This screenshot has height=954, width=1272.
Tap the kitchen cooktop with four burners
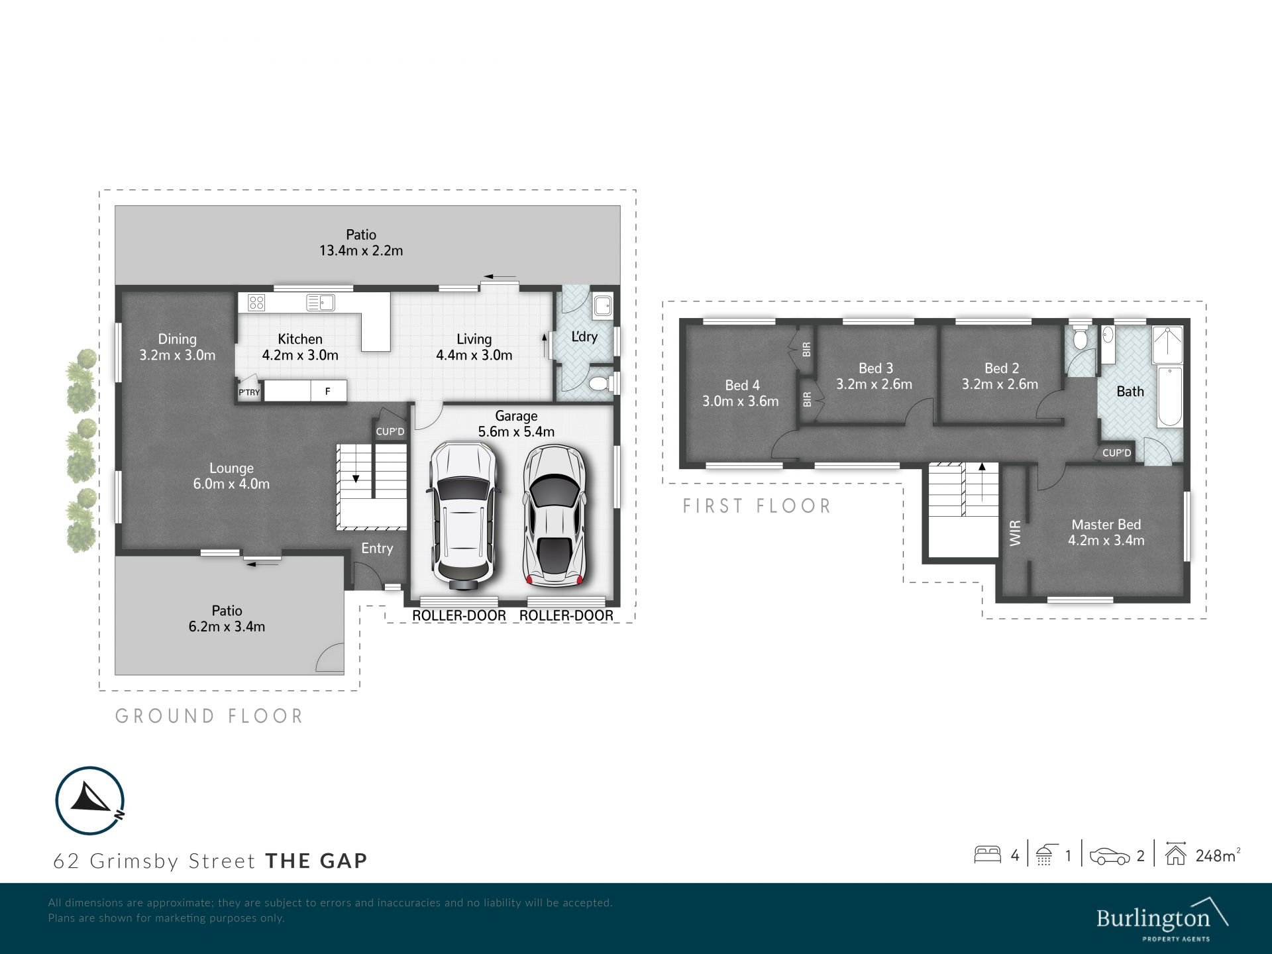(x=256, y=303)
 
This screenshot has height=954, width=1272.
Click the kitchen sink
(x=321, y=303)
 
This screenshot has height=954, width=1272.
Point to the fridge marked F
(x=327, y=391)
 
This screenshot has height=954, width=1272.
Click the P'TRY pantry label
(x=249, y=393)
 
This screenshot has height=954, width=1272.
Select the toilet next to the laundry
(x=599, y=384)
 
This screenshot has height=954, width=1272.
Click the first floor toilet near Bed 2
(x=1081, y=339)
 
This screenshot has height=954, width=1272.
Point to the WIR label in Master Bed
(x=1015, y=533)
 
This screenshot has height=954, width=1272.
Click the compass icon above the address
(x=89, y=800)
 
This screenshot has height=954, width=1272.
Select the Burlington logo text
(x=1153, y=919)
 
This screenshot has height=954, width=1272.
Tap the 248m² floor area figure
(x=1218, y=855)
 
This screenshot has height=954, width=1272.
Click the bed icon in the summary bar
(x=987, y=855)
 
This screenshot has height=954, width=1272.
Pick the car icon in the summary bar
(x=1110, y=856)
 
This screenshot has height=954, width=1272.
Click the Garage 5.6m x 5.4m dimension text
(x=516, y=432)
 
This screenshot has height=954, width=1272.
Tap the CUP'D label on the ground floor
(x=390, y=432)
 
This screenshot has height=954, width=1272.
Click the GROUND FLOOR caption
(x=209, y=716)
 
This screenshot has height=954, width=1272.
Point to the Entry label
(x=377, y=549)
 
